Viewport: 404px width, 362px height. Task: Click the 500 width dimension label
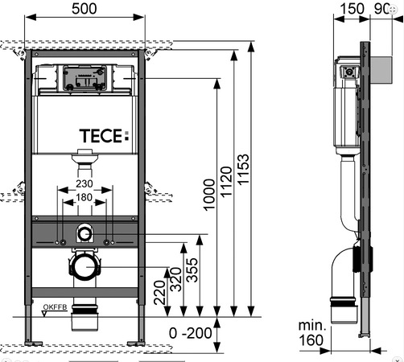coord(85,9)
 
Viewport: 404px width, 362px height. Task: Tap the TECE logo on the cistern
coord(104,136)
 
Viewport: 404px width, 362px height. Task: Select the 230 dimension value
coord(85,183)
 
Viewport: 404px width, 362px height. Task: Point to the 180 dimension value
coord(85,197)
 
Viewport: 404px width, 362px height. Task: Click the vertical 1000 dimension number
coord(209,195)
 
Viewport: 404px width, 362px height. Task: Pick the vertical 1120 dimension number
coord(226,182)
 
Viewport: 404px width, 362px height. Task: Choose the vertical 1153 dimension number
coord(243,170)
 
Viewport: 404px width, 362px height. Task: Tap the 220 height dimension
coord(159,293)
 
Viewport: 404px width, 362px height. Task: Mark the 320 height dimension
coord(176,280)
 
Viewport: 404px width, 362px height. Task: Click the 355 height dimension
coord(192,270)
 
